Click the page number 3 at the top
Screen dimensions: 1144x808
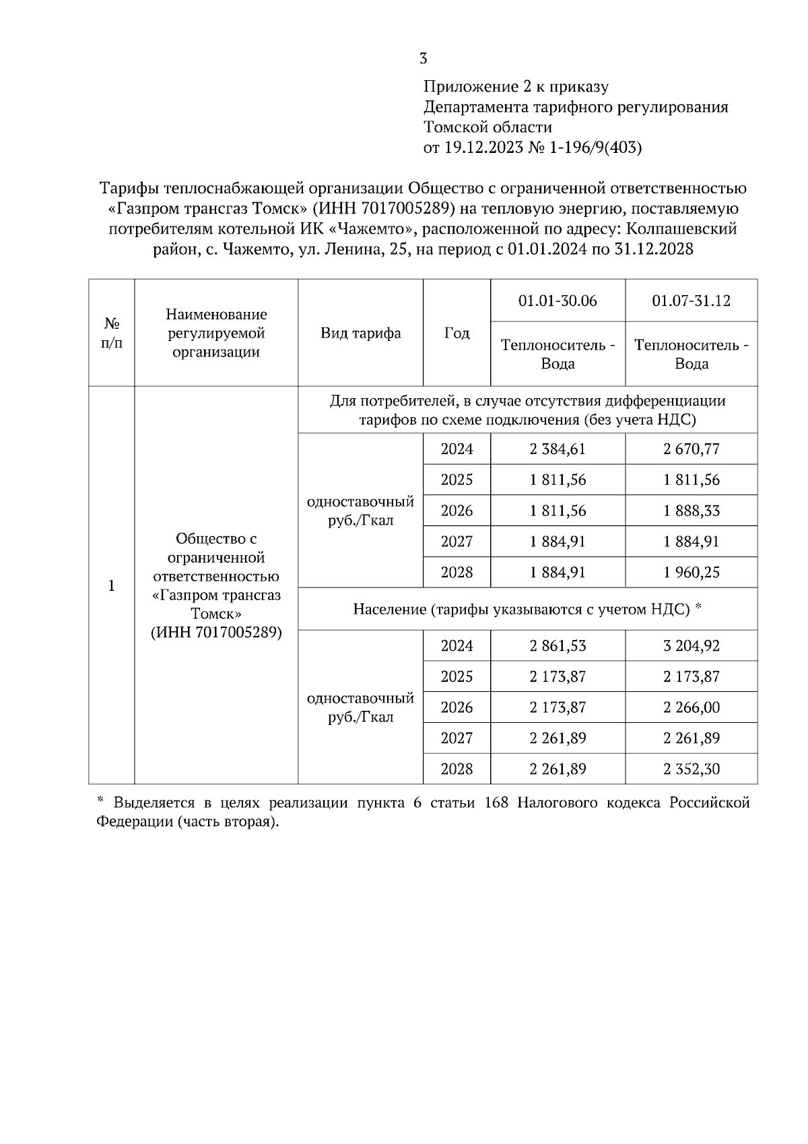(x=423, y=59)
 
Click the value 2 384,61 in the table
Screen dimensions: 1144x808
(x=558, y=449)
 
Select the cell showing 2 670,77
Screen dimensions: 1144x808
(x=691, y=449)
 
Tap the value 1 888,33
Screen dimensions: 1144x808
(x=691, y=511)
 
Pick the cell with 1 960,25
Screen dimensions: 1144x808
(x=691, y=573)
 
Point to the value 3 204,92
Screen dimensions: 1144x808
(x=691, y=646)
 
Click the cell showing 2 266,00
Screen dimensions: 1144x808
(x=691, y=707)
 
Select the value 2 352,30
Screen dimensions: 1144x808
(x=691, y=769)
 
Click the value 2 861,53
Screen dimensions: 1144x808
(x=558, y=646)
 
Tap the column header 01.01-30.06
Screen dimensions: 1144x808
(x=558, y=300)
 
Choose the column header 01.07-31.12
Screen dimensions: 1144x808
(x=691, y=300)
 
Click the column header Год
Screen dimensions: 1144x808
(x=457, y=333)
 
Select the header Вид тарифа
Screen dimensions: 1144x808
(x=360, y=333)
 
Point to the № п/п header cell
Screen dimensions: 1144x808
(x=112, y=333)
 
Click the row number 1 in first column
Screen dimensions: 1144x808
(x=112, y=585)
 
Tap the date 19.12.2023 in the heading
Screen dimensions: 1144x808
(x=483, y=148)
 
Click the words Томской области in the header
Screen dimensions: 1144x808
(x=487, y=127)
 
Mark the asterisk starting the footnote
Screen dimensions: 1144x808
(x=100, y=802)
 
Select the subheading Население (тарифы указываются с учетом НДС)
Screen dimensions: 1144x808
(x=522, y=610)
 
